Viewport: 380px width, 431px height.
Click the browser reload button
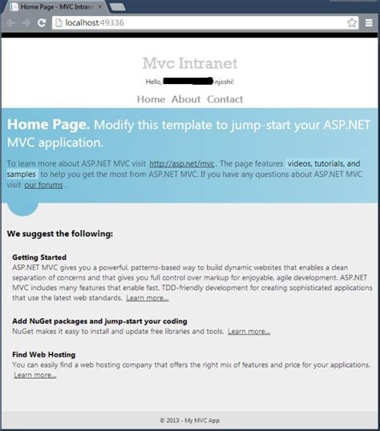click(41, 23)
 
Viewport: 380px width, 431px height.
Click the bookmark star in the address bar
click(352, 23)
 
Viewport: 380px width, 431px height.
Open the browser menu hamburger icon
click(370, 23)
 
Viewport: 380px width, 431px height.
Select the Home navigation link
click(151, 99)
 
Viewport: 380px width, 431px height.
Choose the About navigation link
click(186, 99)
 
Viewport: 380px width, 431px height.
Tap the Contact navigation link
click(225, 99)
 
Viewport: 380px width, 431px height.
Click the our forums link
click(43, 184)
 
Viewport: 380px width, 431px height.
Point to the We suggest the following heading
click(60, 234)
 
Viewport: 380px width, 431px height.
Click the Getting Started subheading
click(40, 256)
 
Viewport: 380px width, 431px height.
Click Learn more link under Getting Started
click(148, 298)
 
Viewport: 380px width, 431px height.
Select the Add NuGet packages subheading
click(99, 321)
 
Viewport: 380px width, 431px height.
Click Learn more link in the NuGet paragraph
click(249, 331)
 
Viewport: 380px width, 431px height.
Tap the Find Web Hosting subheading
click(44, 354)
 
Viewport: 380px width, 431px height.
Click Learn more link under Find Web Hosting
click(34, 374)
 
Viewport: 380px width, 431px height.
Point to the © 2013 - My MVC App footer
click(189, 419)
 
